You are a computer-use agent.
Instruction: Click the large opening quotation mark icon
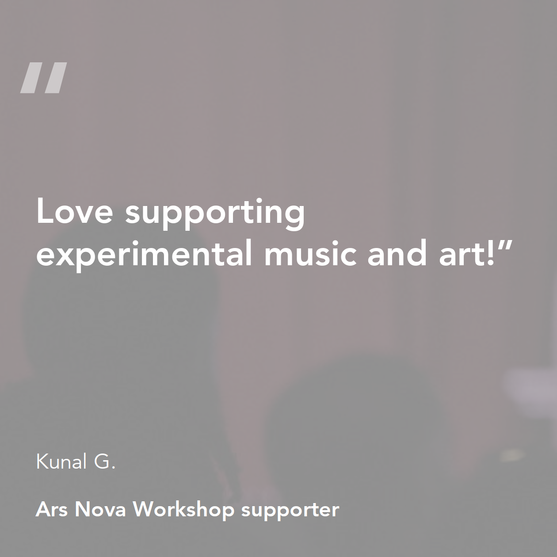[x=44, y=78]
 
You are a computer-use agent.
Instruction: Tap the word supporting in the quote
[x=215, y=214]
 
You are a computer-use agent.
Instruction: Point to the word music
[x=310, y=252]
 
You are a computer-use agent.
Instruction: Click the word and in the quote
[x=397, y=252]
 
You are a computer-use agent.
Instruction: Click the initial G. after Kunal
[x=105, y=462]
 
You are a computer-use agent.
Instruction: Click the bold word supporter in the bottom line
[x=290, y=511]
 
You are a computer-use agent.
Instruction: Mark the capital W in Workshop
[x=145, y=509]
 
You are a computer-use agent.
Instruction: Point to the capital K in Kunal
[x=42, y=462]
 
